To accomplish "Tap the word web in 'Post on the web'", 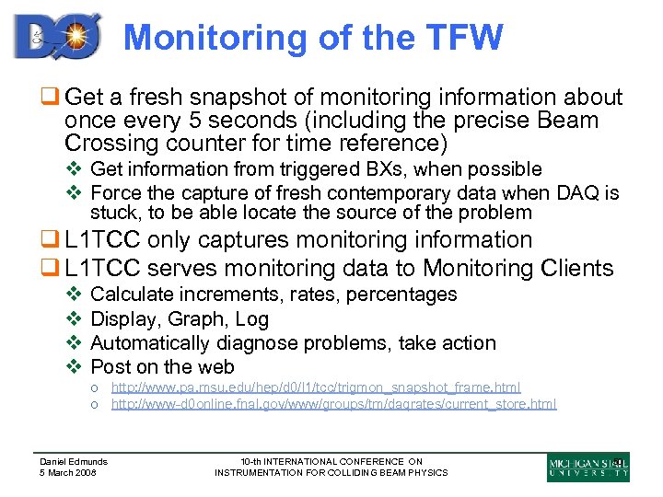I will click(x=215, y=367).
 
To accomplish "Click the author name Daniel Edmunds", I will click(x=73, y=462).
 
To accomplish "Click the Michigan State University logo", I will click(x=587, y=468).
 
